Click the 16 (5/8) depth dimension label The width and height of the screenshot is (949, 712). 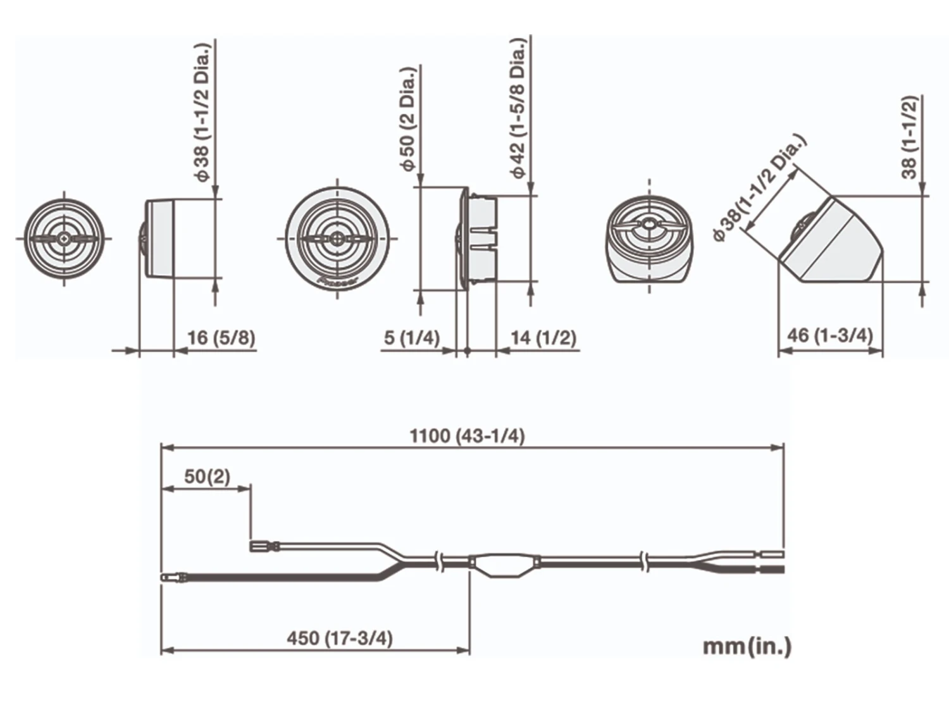221,337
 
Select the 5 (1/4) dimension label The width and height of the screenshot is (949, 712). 411,337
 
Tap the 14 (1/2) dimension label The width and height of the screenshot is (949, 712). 543,337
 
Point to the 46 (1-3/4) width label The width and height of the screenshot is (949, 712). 829,335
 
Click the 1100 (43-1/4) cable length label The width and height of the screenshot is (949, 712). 467,435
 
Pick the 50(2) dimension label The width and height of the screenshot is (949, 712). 207,476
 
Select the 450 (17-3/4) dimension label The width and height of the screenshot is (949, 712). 340,638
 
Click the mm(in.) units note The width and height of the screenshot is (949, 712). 747,646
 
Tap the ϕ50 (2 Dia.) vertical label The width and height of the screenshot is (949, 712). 408,118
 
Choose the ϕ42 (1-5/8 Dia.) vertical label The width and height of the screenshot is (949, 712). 518,108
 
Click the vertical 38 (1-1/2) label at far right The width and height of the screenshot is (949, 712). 909,137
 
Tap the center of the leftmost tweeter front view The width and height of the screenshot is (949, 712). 64,239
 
